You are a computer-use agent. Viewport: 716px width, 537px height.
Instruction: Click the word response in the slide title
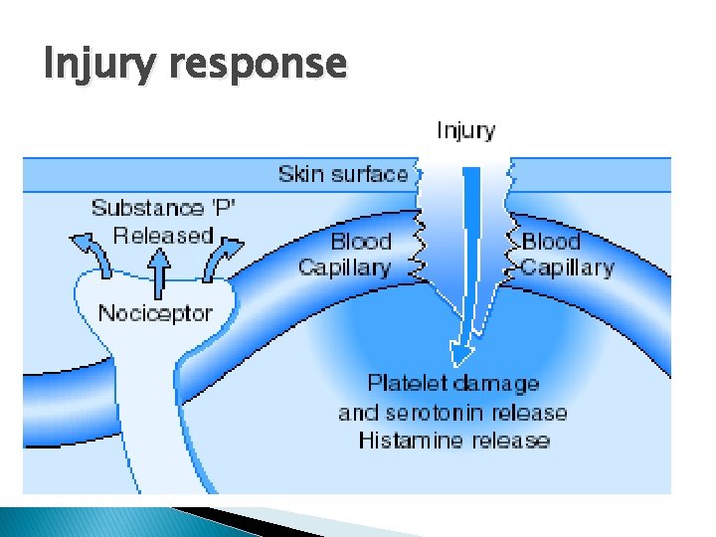tap(259, 66)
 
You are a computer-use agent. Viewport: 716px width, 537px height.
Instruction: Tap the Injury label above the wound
tap(465, 130)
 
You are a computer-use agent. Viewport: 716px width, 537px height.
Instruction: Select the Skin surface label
tap(343, 174)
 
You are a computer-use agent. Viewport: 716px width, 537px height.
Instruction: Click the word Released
tap(163, 236)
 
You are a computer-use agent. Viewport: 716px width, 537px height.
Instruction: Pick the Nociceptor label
tap(155, 313)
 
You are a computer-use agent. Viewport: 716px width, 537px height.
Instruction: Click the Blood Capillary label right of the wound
tap(568, 255)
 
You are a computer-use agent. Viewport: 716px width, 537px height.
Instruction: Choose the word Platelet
tap(406, 384)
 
